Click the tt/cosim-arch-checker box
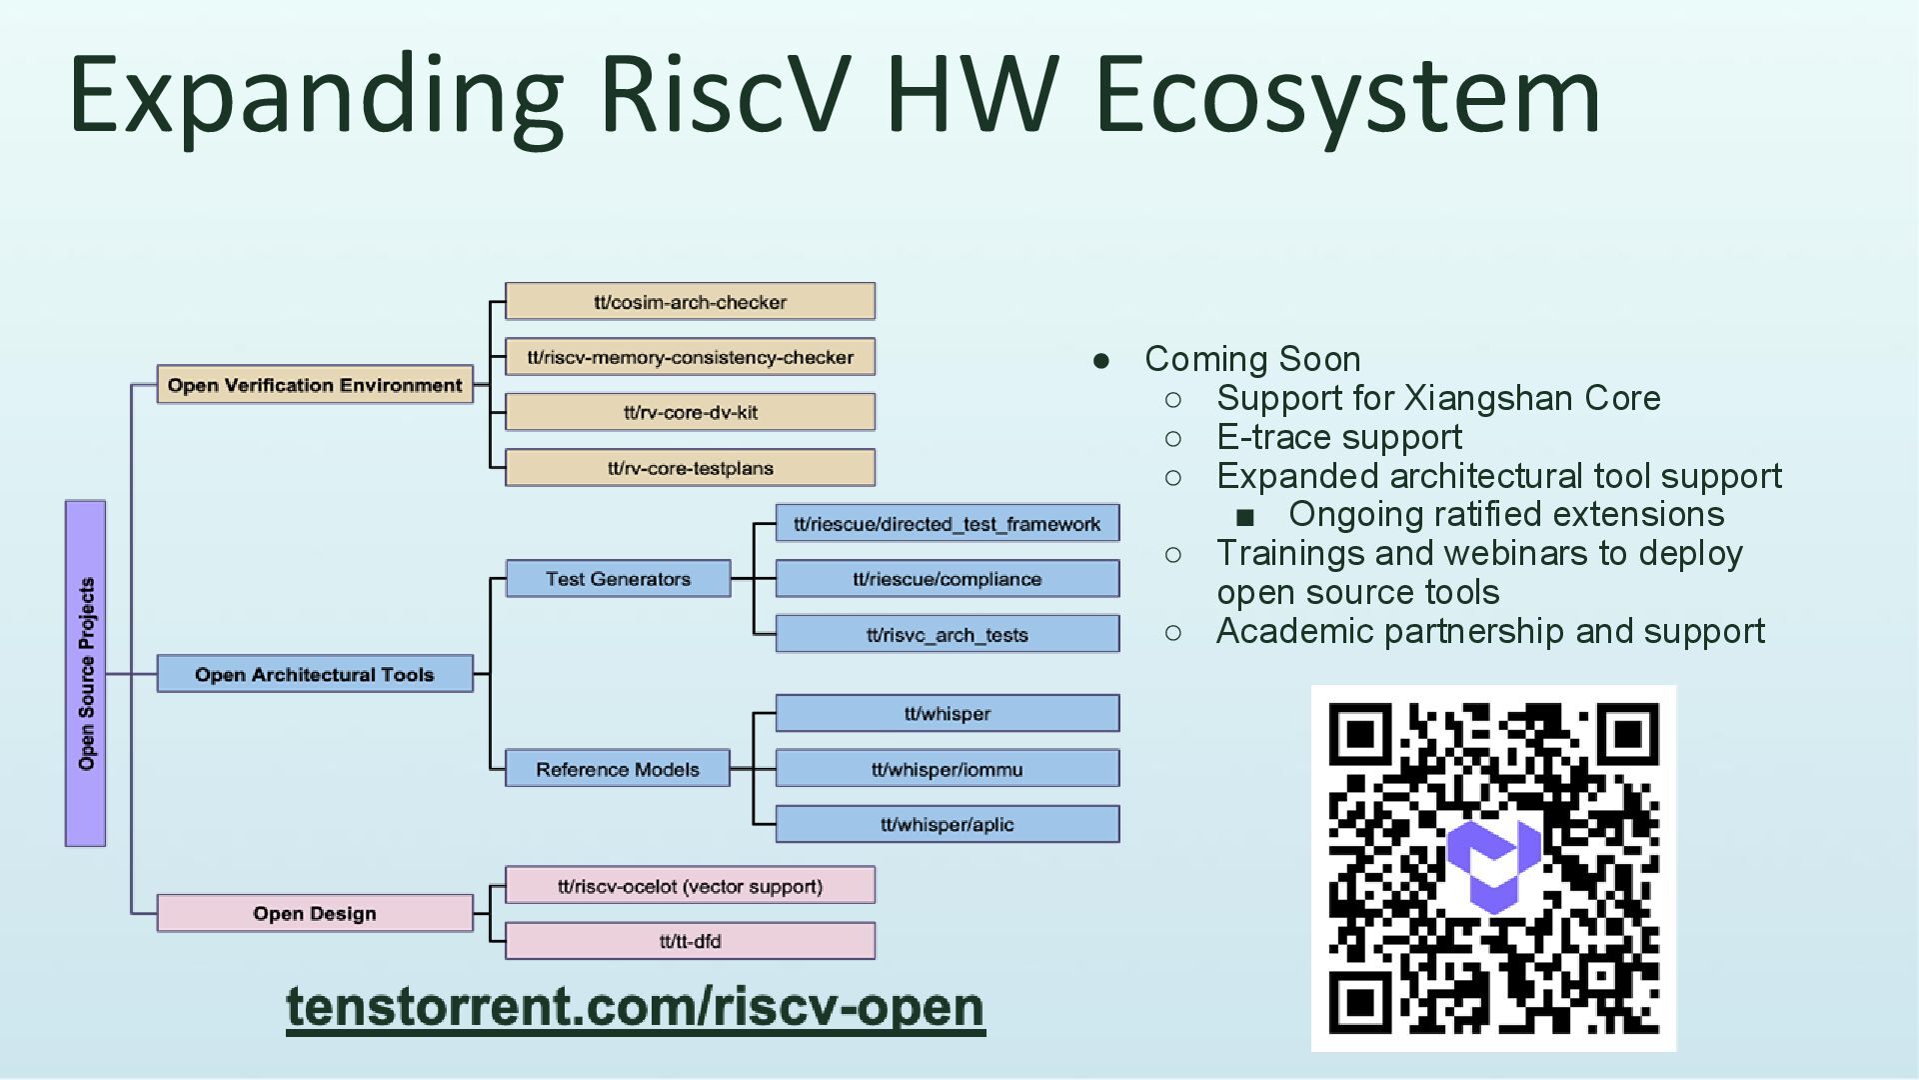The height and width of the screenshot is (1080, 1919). click(690, 302)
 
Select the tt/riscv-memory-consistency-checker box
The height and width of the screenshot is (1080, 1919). click(690, 357)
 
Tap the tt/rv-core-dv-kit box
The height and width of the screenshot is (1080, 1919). click(690, 412)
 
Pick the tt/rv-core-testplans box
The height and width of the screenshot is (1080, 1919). click(690, 468)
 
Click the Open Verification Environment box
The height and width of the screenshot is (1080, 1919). click(315, 385)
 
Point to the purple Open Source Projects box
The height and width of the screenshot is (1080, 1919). click(86, 673)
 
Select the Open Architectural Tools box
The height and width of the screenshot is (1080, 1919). click(315, 674)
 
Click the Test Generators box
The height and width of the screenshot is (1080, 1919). click(618, 579)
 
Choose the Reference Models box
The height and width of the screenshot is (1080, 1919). click(618, 769)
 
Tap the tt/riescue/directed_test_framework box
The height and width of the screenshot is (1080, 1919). click(947, 524)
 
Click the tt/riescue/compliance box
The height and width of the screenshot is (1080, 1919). click(947, 579)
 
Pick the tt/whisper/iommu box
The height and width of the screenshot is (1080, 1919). click(947, 769)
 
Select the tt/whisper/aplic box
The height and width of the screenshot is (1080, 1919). click(947, 825)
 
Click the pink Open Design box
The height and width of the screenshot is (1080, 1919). click(315, 913)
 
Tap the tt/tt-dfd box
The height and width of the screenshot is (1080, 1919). click(690, 941)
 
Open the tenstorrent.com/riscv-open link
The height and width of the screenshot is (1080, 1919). click(636, 1007)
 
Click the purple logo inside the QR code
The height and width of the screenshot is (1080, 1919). click(1494, 866)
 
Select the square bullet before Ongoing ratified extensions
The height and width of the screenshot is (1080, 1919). click(1244, 516)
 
